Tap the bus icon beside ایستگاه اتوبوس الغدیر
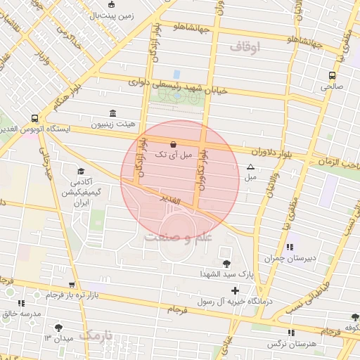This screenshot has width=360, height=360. tap(34, 119)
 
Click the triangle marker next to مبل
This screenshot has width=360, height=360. tap(250, 167)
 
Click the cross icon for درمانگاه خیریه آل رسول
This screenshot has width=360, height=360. tap(235, 290)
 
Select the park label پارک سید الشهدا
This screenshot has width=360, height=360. tap(211, 273)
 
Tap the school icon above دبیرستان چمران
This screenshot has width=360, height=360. tap(290, 247)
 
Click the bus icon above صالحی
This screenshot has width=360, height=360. tap(330, 76)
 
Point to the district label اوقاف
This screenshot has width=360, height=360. tap(245, 47)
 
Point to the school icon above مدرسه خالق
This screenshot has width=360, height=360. tap(20, 303)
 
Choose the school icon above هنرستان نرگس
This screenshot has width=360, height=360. tap(290, 333)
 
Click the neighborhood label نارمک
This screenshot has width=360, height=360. tap(96, 335)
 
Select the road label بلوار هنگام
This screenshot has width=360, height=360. tap(67, 96)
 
